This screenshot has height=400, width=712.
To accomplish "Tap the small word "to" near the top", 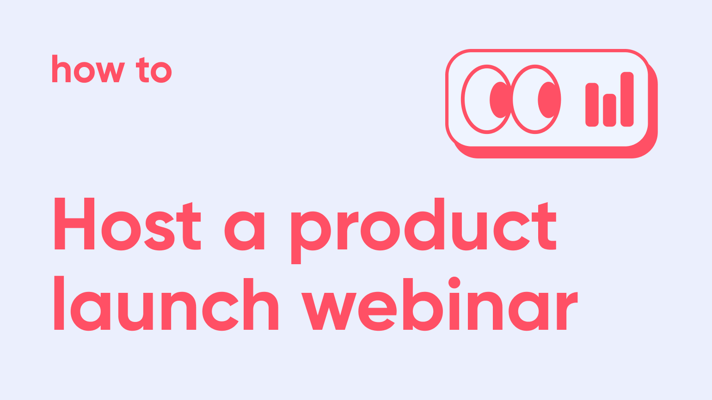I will (154, 71).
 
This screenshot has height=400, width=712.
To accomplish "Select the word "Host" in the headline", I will (128, 224).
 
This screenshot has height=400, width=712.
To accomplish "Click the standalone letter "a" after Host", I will (244, 231).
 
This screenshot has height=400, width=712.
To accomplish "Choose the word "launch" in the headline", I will (166, 305).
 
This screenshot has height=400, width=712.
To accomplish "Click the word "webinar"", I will (439, 305).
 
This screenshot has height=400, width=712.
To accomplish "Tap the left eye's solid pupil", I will (498, 100).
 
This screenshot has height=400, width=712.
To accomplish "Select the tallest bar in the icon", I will (627, 99).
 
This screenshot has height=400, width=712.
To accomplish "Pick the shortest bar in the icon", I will (609, 110).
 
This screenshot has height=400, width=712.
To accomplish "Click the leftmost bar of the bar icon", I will (592, 104).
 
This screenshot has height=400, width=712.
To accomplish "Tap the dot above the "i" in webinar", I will (454, 282).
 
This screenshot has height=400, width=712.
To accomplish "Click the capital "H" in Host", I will (74, 224).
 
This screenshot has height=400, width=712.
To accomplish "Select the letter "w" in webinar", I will (329, 311).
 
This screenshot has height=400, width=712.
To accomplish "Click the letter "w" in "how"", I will (110, 72).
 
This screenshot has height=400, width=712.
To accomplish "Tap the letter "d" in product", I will (424, 224).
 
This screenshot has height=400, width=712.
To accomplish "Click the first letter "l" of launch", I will (59, 303).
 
